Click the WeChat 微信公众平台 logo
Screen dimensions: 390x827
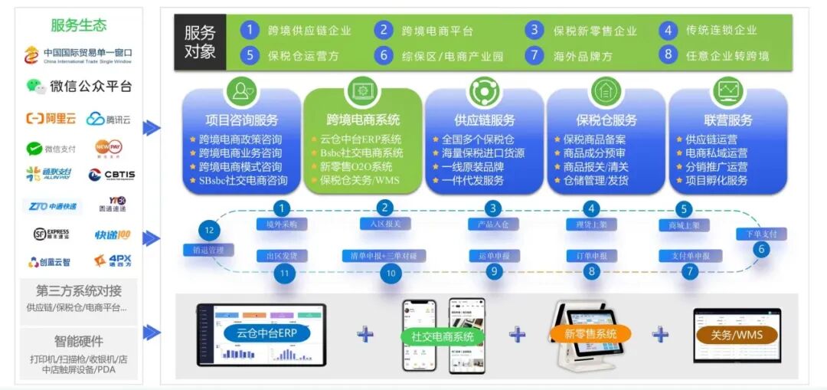click(79, 86)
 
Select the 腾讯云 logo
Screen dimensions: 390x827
click(108, 119)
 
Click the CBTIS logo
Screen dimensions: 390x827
click(111, 175)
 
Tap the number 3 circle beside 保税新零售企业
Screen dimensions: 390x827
click(534, 30)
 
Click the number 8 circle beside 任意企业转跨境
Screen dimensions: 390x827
click(668, 54)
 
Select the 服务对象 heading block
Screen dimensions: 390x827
click(200, 42)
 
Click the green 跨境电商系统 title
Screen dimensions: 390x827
click(363, 120)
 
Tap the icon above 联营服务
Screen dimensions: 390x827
click(727, 91)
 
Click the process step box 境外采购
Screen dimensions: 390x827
click(282, 224)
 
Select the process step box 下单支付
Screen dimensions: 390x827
click(761, 234)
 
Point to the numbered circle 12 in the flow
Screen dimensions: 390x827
click(209, 230)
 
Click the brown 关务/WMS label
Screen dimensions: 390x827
click(736, 334)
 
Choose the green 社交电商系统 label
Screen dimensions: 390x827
click(443, 336)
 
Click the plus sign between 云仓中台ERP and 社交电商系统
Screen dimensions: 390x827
click(365, 333)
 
